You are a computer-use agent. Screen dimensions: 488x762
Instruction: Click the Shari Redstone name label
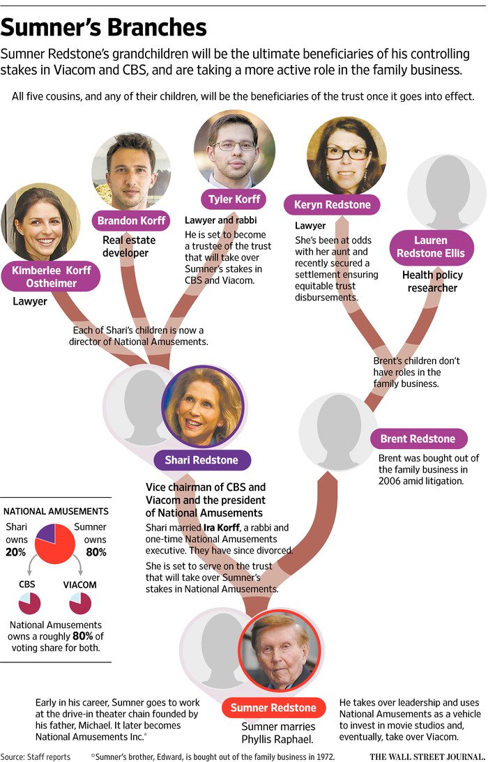coord(201,460)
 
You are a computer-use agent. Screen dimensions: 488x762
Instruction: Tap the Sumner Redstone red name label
coord(273,708)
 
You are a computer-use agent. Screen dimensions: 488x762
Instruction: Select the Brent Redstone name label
coord(418,439)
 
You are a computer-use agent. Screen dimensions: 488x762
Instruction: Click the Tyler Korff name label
coord(235,200)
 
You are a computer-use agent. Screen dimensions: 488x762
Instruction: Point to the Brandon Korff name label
coord(132,221)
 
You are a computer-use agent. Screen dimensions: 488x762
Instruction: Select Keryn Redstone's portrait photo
coord(346,155)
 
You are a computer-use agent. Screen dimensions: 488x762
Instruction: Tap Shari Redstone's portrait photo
coord(202,407)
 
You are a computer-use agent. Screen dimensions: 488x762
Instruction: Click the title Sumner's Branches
coord(104,27)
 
